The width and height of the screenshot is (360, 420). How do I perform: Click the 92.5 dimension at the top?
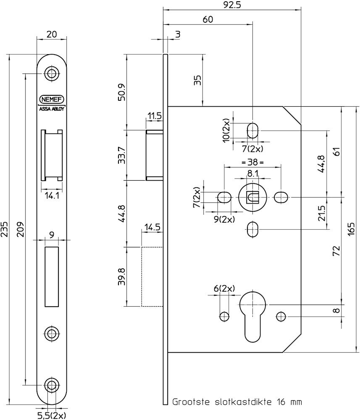231,5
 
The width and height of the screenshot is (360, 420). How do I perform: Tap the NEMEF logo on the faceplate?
52,100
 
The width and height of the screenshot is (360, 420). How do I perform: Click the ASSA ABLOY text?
52,109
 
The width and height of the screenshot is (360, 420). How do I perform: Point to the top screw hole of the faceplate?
52,73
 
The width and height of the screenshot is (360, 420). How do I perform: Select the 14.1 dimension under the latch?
52,196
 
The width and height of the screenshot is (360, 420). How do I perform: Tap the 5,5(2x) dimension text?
51,415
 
